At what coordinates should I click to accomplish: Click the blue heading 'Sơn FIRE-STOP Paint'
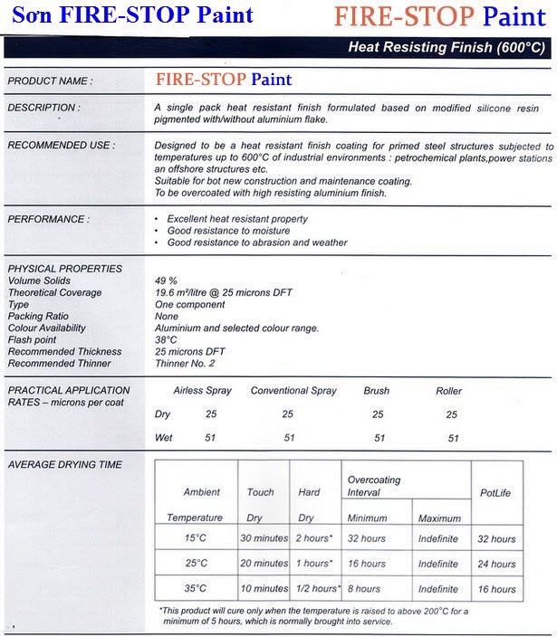tap(133, 15)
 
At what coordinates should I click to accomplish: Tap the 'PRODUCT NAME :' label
tap(50, 81)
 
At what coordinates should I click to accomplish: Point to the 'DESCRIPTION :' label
tap(43, 108)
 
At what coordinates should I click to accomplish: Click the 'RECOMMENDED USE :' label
tap(61, 146)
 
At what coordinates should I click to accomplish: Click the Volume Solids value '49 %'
tap(168, 281)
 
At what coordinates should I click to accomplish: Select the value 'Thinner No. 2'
tap(186, 364)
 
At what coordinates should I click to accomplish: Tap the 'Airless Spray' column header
tap(202, 391)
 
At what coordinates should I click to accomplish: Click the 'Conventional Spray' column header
tap(293, 391)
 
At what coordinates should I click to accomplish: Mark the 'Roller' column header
tap(448, 391)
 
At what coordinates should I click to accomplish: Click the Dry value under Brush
tap(378, 414)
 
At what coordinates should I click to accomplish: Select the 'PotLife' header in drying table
tap(496, 492)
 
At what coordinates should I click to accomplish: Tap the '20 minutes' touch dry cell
tap(264, 564)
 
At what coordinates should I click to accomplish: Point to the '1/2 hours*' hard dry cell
tap(316, 588)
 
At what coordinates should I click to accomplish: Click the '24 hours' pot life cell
tap(496, 564)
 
